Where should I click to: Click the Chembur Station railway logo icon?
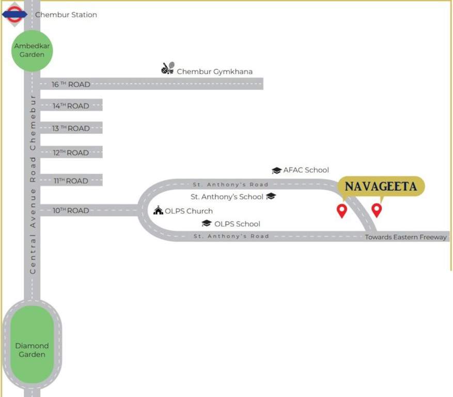(x=14, y=14)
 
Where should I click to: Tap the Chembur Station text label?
(x=66, y=14)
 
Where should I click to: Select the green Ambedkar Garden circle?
(x=32, y=50)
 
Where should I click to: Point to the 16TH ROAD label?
(x=71, y=84)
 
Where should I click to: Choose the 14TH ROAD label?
(x=71, y=106)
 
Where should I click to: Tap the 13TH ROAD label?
(x=71, y=128)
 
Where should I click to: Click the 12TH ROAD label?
(x=71, y=153)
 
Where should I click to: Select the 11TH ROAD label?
(x=71, y=181)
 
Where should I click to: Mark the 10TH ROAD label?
(x=71, y=210)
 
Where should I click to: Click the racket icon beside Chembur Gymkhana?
(x=168, y=69)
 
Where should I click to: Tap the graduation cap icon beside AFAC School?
(x=276, y=170)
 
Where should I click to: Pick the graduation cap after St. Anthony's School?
(x=271, y=196)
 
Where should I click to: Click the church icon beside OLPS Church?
(x=158, y=210)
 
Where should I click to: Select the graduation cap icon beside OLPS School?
(x=207, y=223)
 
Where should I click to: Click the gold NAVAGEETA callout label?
(x=381, y=187)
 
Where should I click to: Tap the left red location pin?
(x=341, y=210)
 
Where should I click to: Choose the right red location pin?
(x=377, y=209)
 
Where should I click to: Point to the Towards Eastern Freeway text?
(x=405, y=237)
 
